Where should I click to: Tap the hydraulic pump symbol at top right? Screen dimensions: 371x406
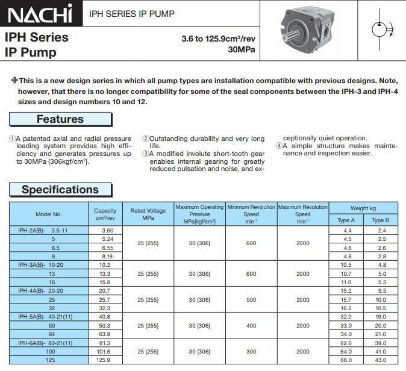(381, 28)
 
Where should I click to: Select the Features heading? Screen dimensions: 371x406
(60, 119)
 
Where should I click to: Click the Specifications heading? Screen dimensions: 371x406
(60, 190)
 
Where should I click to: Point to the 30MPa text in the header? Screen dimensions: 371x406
(242, 49)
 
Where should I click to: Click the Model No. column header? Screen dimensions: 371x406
(49, 214)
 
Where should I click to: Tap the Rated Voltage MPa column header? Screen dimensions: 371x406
(148, 214)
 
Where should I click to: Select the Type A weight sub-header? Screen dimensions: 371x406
(346, 220)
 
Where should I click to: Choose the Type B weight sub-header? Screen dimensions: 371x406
(380, 220)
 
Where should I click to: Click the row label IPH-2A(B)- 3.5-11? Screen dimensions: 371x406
(43, 231)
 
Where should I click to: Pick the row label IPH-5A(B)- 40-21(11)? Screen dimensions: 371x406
(45, 317)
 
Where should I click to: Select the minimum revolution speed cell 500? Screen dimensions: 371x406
(251, 300)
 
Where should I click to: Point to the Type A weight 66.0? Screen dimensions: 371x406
(346, 360)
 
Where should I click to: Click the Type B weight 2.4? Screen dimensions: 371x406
(382, 231)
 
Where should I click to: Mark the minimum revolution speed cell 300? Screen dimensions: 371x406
(251, 352)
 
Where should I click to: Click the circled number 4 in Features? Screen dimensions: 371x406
(279, 146)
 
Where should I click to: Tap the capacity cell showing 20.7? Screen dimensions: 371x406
(105, 291)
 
